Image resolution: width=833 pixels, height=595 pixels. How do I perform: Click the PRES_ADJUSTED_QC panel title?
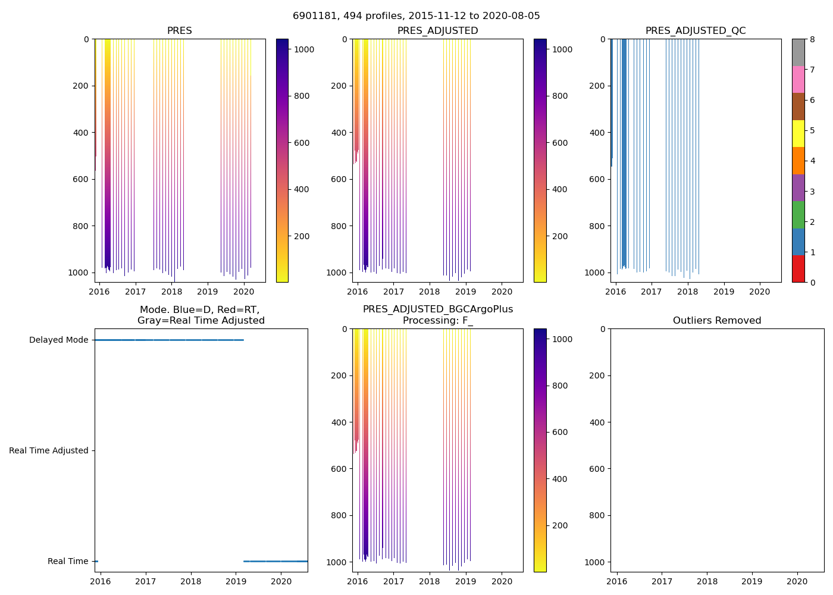[x=696, y=31]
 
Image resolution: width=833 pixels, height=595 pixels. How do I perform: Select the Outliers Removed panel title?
[x=717, y=321]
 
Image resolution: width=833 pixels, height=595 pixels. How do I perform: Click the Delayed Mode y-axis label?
[x=58, y=340]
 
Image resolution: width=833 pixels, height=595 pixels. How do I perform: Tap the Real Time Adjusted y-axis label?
[x=49, y=451]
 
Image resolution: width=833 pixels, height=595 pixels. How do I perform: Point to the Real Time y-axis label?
[x=68, y=562]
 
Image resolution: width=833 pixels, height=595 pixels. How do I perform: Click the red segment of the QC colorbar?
[x=798, y=269]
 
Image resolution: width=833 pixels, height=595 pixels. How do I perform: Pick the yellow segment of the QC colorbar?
[x=798, y=133]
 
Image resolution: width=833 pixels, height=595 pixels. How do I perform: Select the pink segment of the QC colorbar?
[x=798, y=79]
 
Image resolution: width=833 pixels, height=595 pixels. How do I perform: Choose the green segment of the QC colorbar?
[x=798, y=215]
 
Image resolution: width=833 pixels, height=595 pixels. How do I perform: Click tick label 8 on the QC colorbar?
[x=812, y=40]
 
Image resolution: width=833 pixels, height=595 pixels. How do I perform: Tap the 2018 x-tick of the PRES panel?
[x=171, y=292]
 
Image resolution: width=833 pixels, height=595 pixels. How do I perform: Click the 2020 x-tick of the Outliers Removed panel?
[x=797, y=581]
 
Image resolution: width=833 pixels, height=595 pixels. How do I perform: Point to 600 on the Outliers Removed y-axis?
[x=598, y=469]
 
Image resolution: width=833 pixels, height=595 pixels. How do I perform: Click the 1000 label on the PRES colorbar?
[x=304, y=49]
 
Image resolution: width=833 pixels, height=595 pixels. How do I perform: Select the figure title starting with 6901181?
[x=416, y=16]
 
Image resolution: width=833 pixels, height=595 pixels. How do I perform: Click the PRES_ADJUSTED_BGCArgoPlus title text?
[x=438, y=309]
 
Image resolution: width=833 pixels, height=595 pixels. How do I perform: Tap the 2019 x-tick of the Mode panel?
[x=236, y=581]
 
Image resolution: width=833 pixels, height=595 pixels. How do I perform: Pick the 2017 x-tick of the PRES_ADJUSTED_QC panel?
[x=652, y=292]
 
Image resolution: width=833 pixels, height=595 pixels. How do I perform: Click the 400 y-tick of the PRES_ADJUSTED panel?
[x=339, y=133]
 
